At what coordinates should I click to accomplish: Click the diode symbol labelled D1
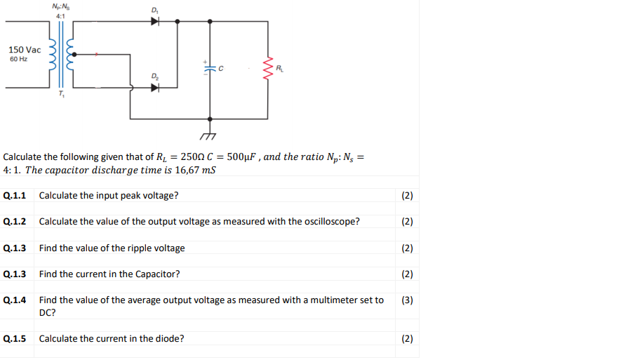155,21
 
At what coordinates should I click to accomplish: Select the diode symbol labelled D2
155,88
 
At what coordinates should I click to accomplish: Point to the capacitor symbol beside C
210,68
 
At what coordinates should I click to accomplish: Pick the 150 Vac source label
25,50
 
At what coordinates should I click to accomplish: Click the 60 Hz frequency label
19,60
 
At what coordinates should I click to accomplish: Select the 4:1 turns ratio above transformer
60,16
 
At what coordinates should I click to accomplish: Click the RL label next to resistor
280,68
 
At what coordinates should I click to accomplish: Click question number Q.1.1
15,195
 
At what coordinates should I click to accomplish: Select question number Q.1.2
15,222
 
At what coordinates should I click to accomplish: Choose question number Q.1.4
15,300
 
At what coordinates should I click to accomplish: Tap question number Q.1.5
15,339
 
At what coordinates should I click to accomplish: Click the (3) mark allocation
407,300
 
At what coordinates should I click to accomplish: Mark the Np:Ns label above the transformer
60,6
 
